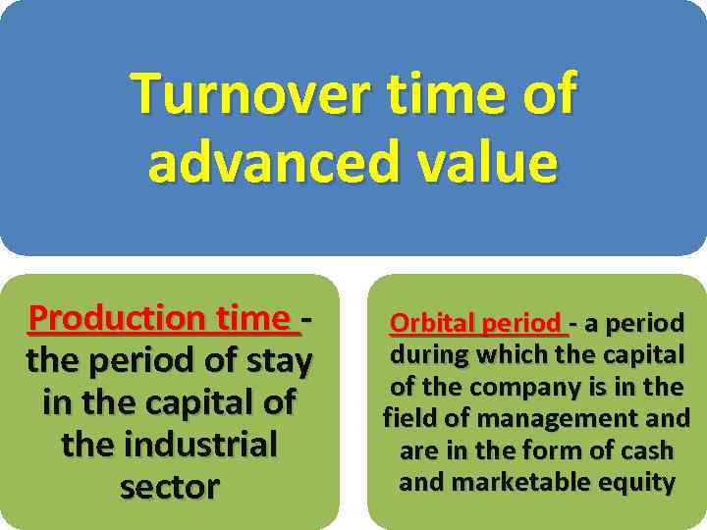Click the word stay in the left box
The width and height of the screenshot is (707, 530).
coord(278,362)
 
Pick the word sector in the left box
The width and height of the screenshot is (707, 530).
coord(169,487)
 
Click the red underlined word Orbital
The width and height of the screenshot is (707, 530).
coord(432,323)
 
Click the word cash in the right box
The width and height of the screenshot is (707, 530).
coord(647,451)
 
